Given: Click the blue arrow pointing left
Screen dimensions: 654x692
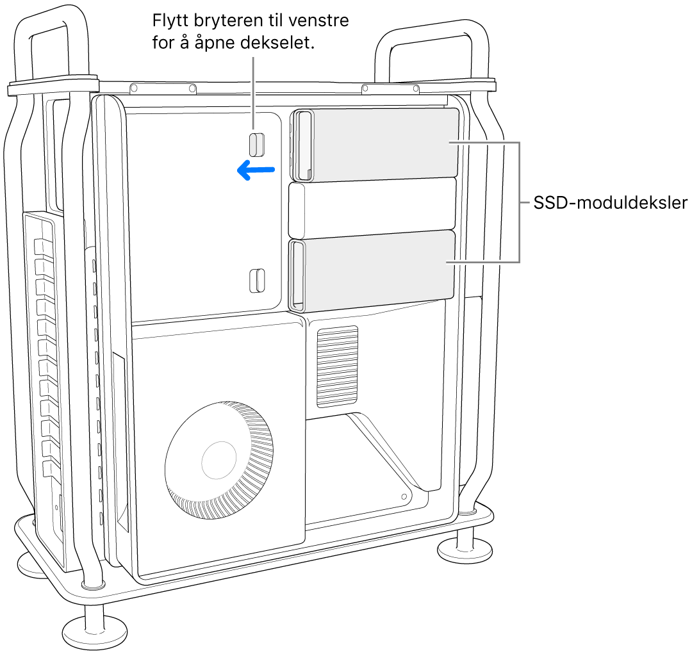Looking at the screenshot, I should pyautogui.click(x=256, y=170).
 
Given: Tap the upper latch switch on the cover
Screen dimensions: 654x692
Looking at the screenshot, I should pyautogui.click(x=256, y=144).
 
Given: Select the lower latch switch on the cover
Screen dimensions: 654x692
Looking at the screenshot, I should pyautogui.click(x=255, y=280).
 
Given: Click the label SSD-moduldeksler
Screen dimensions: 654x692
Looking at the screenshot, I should pyautogui.click(x=609, y=204).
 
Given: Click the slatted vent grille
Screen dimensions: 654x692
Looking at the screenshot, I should pyautogui.click(x=337, y=367).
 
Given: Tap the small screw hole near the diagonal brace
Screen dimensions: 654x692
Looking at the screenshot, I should pyautogui.click(x=404, y=496).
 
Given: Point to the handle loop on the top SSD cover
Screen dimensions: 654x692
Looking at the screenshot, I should pyautogui.click(x=304, y=145).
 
